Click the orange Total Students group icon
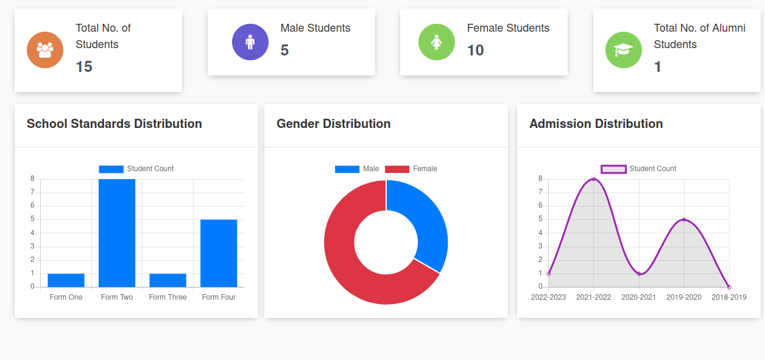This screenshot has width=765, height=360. point(45,50)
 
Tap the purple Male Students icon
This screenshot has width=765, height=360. point(250,42)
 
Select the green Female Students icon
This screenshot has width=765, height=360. point(437,42)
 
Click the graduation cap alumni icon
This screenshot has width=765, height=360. point(623,50)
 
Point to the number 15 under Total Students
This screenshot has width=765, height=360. point(84,67)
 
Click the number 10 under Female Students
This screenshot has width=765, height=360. point(476,51)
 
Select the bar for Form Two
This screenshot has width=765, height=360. point(117,233)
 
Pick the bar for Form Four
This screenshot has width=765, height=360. point(219,253)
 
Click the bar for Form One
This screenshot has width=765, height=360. point(66,280)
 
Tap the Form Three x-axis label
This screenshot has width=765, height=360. point(168,297)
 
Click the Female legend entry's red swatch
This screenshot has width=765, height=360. point(397,169)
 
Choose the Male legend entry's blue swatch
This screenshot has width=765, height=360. point(347,169)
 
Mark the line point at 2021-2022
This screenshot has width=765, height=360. point(594,179)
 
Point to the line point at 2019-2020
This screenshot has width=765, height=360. point(684,220)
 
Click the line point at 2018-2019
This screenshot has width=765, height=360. point(729,287)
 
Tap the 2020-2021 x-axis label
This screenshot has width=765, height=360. point(639,297)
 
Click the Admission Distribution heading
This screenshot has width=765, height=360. point(596,124)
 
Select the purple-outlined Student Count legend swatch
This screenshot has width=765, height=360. point(613,169)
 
